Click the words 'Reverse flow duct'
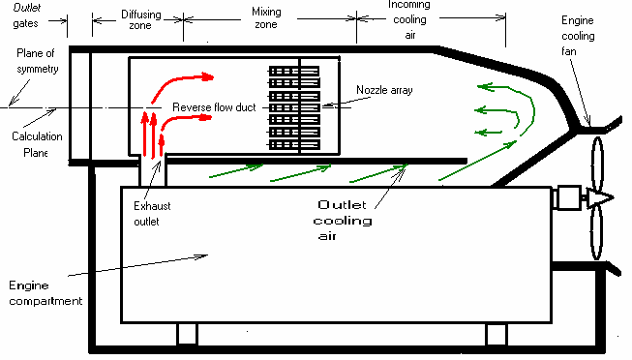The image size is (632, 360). (214, 106)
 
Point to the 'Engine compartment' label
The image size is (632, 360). (45, 293)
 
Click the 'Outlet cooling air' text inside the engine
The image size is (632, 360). (345, 221)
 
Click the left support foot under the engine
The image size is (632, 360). (187, 334)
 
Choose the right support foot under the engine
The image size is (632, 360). (497, 334)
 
